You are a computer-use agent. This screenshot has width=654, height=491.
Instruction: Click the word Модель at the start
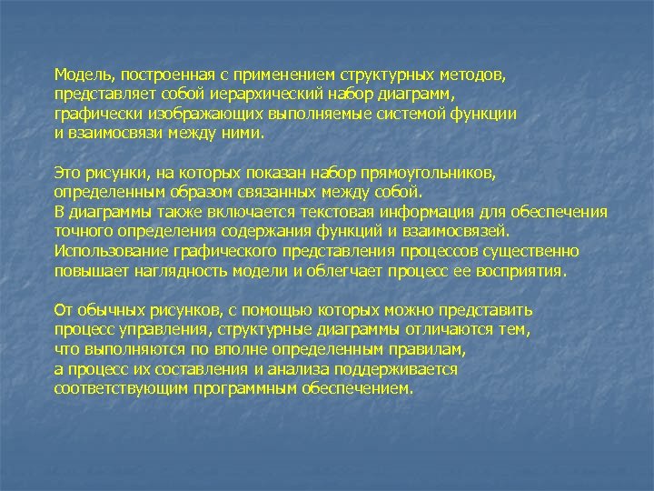(81, 74)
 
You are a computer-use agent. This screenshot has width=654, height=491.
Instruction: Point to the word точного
(80, 232)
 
